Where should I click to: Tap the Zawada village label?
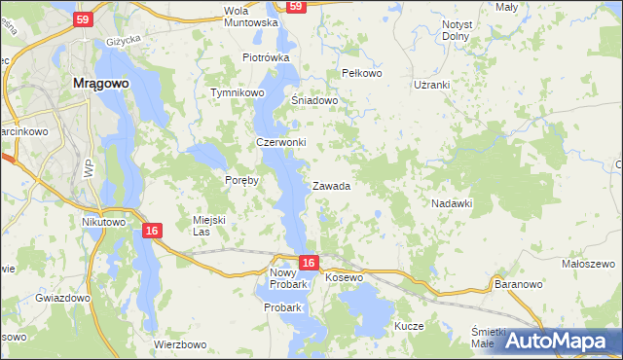coord(331,186)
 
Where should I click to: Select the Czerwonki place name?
coord(280,142)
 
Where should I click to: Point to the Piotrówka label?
coord(266,57)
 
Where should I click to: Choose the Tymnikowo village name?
coord(238,93)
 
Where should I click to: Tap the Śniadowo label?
coord(314,99)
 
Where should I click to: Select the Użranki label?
coord(431,85)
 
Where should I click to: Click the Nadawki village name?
coord(452,203)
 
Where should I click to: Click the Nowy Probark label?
coord(288,279)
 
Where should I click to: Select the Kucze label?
coord(409,326)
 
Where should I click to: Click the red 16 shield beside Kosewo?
coord(309,263)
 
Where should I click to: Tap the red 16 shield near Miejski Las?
coord(151,231)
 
